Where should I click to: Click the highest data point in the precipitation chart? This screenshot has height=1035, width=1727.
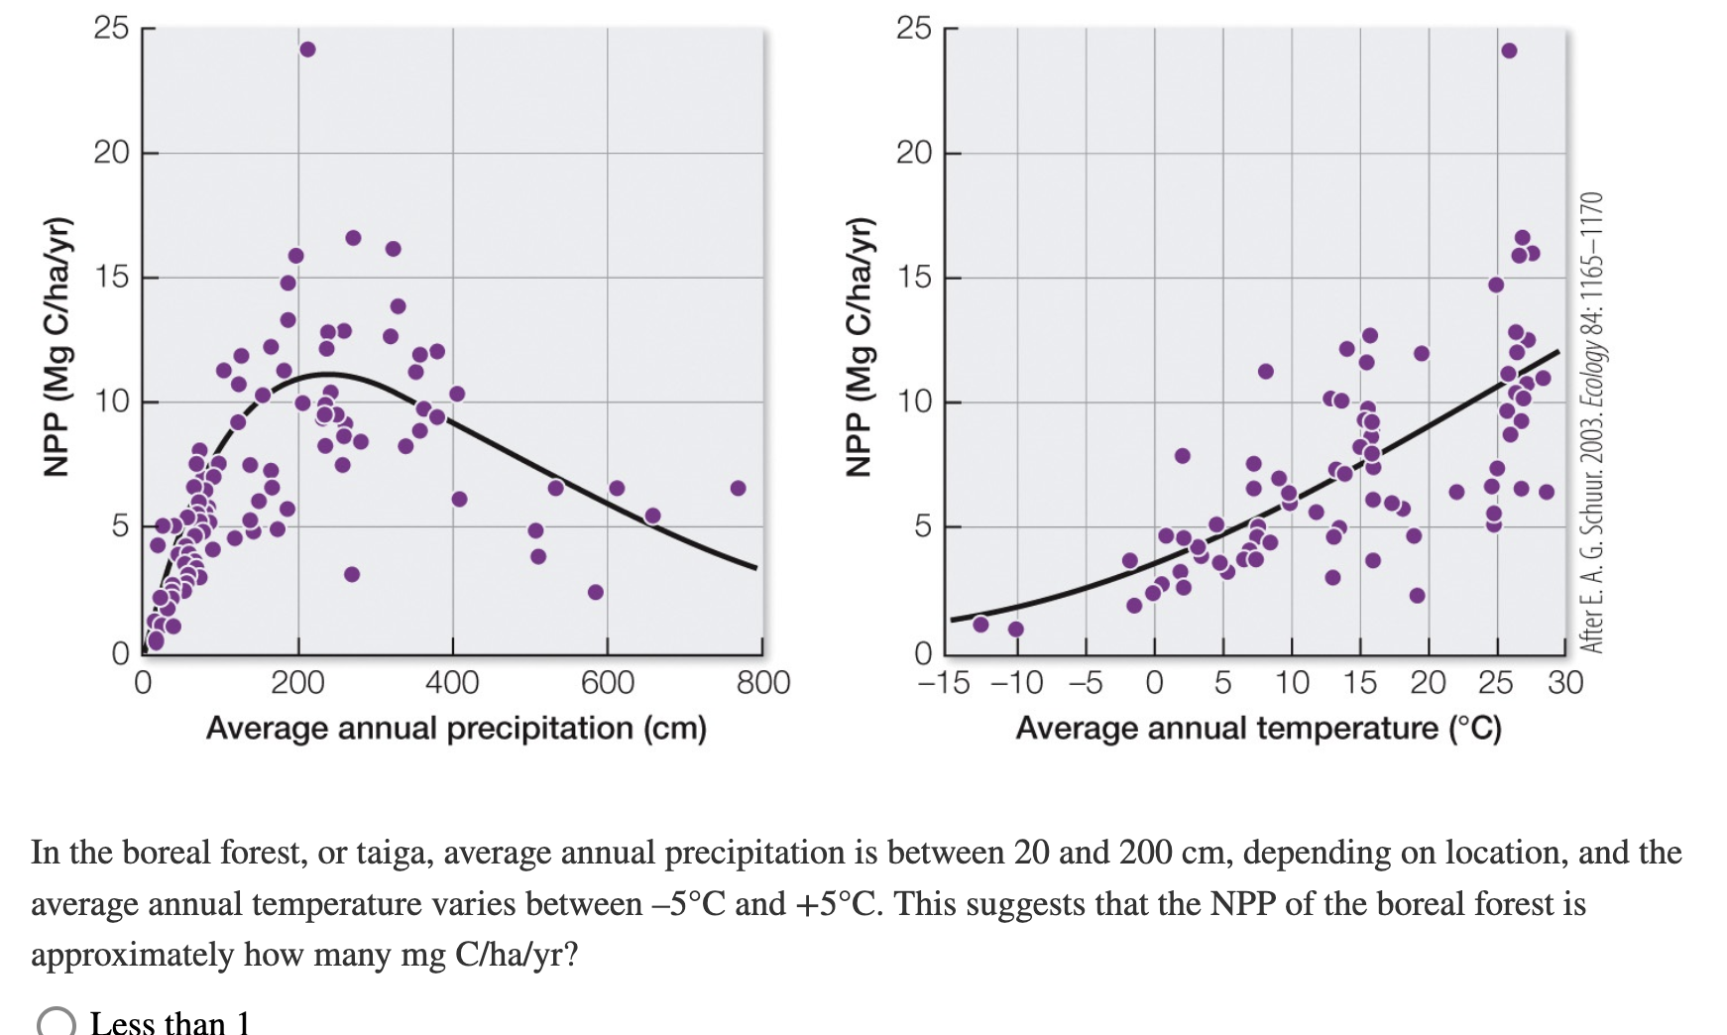pos(307,50)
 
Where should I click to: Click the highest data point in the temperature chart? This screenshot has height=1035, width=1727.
pos(1509,51)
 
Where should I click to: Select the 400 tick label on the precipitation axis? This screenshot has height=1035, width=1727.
pos(452,682)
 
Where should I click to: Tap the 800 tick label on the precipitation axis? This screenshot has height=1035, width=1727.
pos(762,682)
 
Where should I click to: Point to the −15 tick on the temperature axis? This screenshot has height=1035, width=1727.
pos(943,682)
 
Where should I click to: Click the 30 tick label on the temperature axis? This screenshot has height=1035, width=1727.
pos(1565,682)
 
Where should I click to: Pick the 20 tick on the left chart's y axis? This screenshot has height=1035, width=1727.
pos(111,153)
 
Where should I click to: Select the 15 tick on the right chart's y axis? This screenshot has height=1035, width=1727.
pos(914,278)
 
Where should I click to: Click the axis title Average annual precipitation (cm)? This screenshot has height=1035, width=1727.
pos(456,729)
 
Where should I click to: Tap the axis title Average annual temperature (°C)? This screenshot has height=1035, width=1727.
pos(1258,729)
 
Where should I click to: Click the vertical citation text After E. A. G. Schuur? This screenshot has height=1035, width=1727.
pos(1591,421)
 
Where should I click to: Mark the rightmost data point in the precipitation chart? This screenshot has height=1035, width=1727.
pos(738,488)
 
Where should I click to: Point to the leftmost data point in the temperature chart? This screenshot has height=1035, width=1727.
pos(980,625)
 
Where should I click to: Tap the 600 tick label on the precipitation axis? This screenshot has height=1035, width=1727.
pos(607,682)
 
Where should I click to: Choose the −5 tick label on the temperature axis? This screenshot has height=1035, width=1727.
pos(1086,682)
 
